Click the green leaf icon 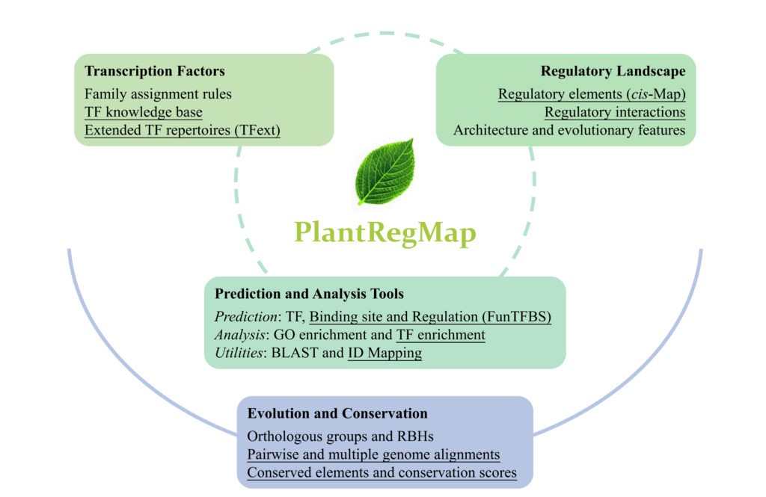click(385, 172)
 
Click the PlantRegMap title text click(385, 233)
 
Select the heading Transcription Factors click(155, 71)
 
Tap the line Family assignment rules click(158, 93)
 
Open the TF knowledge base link click(143, 112)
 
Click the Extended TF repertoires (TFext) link click(183, 130)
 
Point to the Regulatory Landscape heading click(613, 71)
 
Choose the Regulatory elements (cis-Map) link click(592, 93)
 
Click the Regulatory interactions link click(615, 112)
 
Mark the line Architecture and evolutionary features click(569, 130)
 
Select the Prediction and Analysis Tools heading click(309, 294)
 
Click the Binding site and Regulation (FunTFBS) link click(430, 317)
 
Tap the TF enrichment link click(441, 335)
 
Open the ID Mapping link click(385, 353)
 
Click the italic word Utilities click(239, 353)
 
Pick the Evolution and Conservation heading click(337, 413)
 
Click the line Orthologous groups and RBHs click(340, 436)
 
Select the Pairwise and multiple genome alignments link click(374, 454)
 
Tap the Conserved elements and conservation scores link click(382, 472)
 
